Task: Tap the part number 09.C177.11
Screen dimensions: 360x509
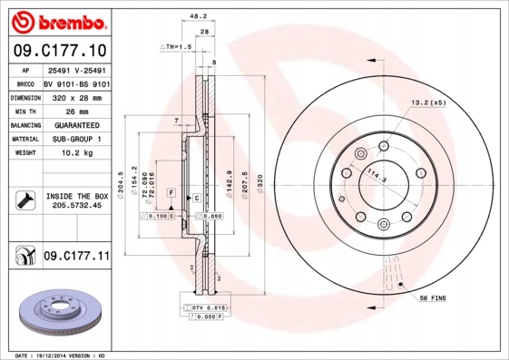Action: click(x=76, y=258)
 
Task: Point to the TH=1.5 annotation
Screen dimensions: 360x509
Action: click(x=178, y=45)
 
